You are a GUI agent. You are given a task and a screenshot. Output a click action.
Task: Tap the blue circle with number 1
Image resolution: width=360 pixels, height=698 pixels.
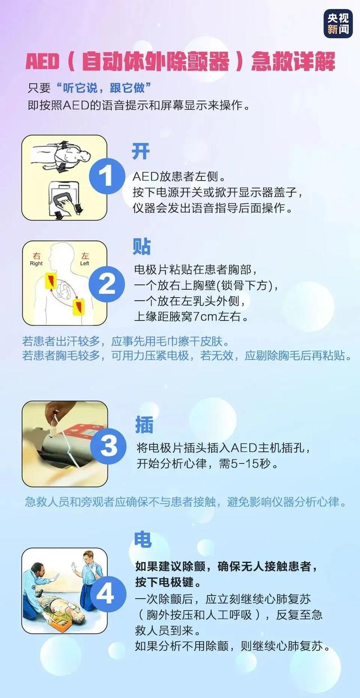(x=107, y=177)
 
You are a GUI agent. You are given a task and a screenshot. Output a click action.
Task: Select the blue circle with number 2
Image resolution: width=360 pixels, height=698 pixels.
(x=107, y=284)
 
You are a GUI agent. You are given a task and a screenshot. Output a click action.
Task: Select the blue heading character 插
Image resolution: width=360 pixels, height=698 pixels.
(x=144, y=425)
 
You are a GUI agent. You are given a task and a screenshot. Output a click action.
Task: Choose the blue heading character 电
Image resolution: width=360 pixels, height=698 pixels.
(x=142, y=540)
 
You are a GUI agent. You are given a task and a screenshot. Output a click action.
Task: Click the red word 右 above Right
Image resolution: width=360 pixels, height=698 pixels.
(x=37, y=256)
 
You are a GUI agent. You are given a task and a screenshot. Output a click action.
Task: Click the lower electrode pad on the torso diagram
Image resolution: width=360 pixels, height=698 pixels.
(x=78, y=307)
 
